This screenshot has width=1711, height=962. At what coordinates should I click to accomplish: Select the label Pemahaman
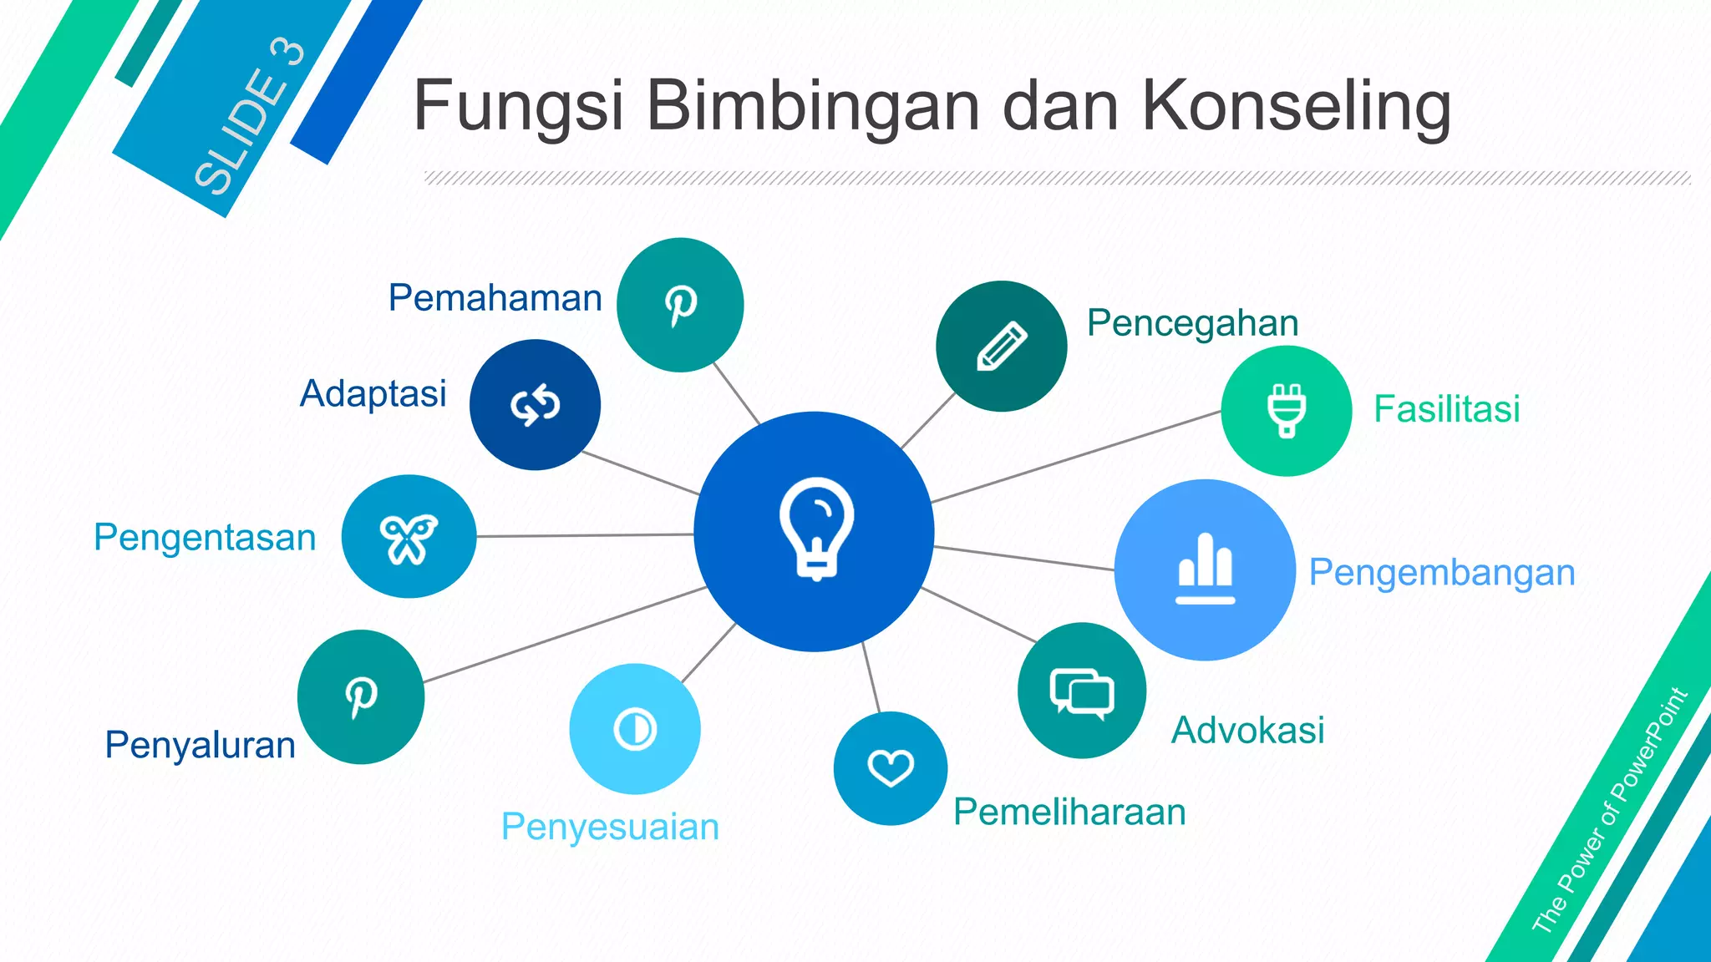495,298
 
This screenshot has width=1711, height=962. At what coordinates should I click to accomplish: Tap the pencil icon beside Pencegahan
1002,346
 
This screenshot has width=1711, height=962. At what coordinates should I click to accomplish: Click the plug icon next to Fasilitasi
1287,410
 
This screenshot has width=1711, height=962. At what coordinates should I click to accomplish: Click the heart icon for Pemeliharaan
891,767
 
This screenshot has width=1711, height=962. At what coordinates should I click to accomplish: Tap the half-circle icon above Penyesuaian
635,729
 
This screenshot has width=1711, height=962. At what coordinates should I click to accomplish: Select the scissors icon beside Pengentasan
409,538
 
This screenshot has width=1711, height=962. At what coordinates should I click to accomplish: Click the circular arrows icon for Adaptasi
535,405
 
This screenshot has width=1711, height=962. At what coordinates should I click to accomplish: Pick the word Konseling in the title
1296,106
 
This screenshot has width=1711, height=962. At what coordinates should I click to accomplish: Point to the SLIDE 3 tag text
249,117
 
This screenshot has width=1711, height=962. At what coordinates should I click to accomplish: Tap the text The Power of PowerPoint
1609,810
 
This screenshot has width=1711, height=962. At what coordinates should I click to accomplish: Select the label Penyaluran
200,745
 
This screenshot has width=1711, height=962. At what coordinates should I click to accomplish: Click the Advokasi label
1247,730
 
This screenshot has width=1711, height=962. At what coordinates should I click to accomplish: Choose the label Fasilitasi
1446,409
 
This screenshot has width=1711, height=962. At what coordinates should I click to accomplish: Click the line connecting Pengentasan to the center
585,535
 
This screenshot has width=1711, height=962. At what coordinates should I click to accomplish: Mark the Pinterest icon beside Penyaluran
361,696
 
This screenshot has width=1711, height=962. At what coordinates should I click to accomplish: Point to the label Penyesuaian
610,827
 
